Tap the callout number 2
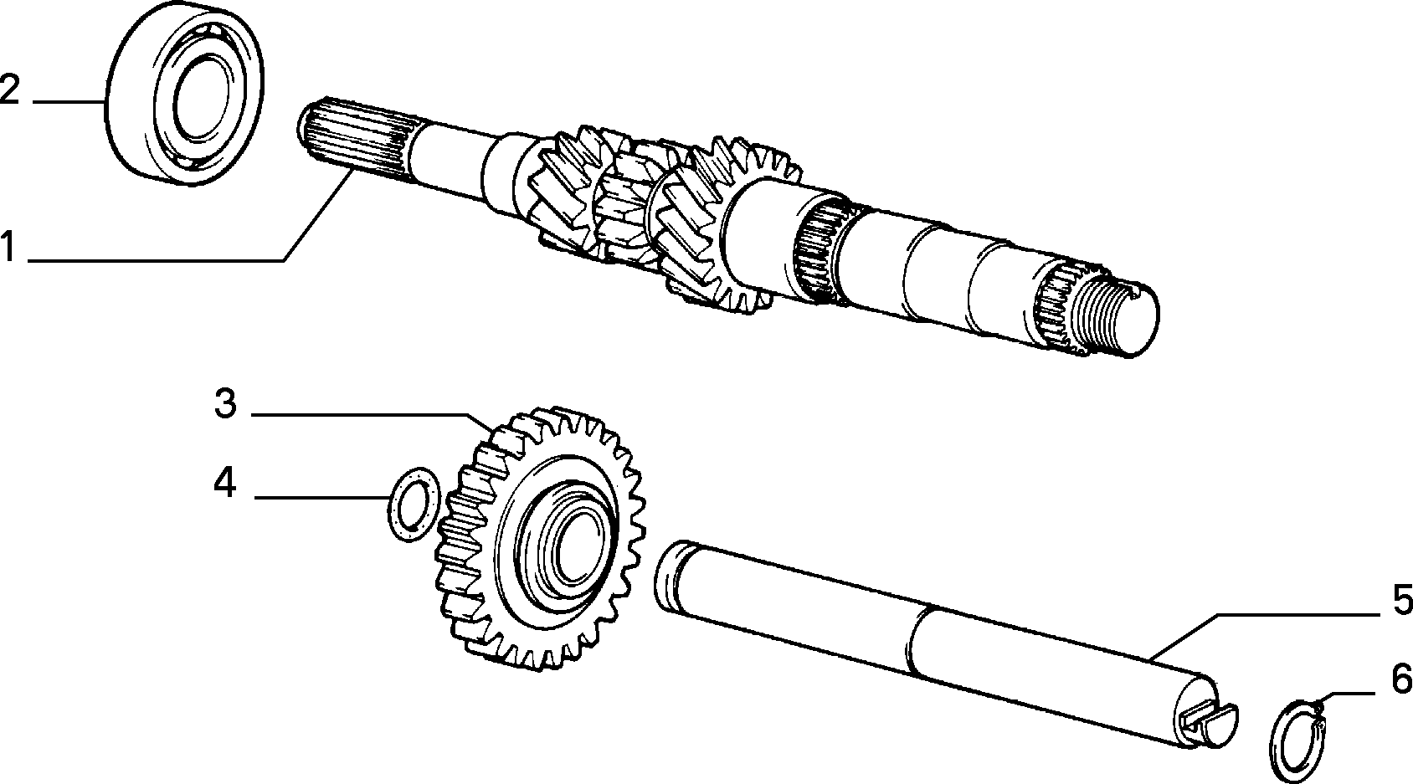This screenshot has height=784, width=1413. pyautogui.click(x=9, y=90)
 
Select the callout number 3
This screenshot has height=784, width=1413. pyautogui.click(x=225, y=403)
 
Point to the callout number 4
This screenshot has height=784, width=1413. pyautogui.click(x=224, y=483)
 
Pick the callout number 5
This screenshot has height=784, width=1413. pyautogui.click(x=1402, y=600)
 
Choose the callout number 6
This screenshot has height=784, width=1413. pyautogui.click(x=1401, y=679)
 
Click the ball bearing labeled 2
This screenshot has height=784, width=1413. pyautogui.click(x=184, y=94)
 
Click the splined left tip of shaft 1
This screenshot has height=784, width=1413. pyautogui.click(x=353, y=142)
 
